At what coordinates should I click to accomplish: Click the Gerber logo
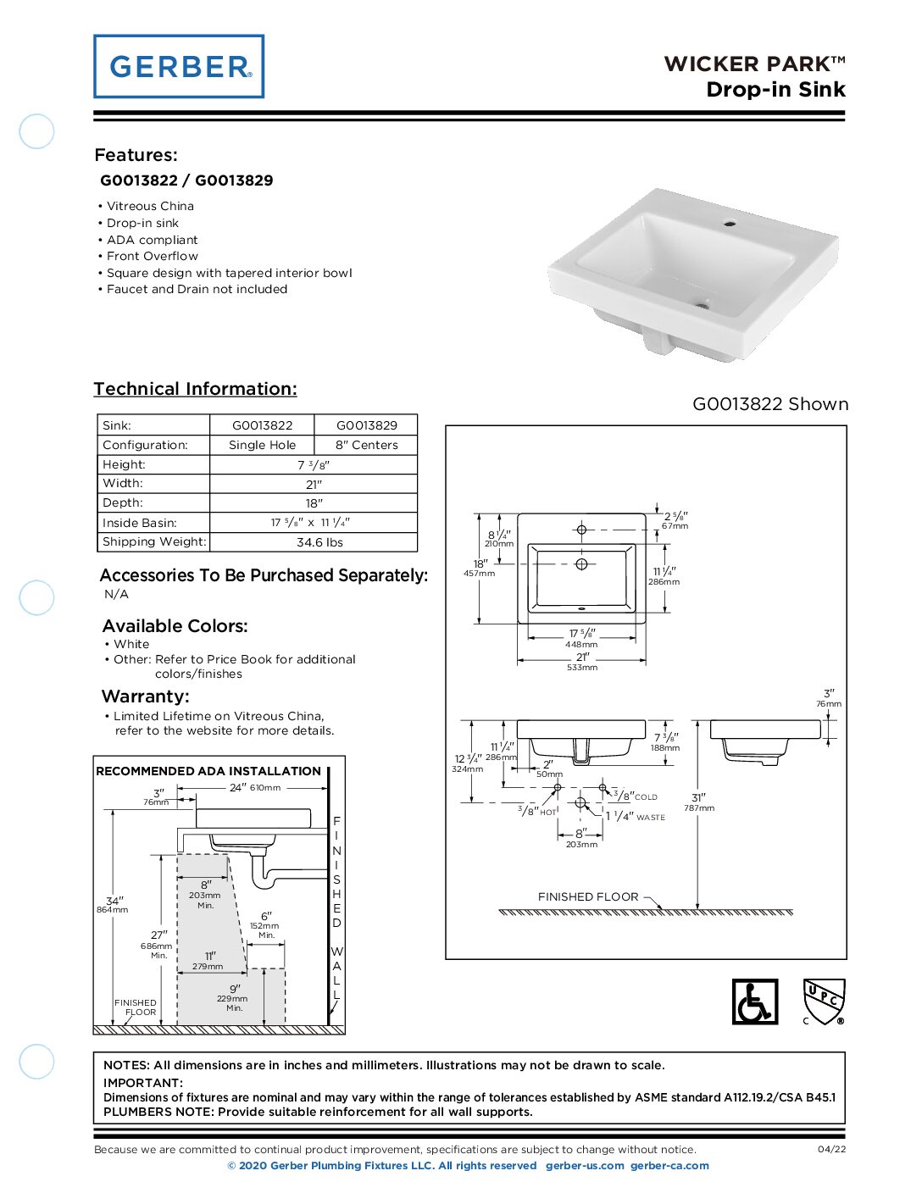(179, 66)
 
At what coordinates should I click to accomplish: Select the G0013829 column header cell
(366, 425)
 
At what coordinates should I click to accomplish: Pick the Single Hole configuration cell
(262, 445)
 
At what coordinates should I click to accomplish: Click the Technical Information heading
(195, 389)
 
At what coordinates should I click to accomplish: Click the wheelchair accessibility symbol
(754, 1002)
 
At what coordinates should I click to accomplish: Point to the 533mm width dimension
(582, 668)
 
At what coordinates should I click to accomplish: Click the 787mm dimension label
(699, 808)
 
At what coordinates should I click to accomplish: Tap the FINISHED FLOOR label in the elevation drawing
(588, 896)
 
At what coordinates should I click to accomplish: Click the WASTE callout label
(650, 818)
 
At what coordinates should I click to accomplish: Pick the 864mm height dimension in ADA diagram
(112, 910)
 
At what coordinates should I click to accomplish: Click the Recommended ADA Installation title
(208, 771)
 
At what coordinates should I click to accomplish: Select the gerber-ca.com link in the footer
(669, 1166)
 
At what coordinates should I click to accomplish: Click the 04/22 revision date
(831, 1150)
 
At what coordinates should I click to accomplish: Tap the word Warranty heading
(145, 696)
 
